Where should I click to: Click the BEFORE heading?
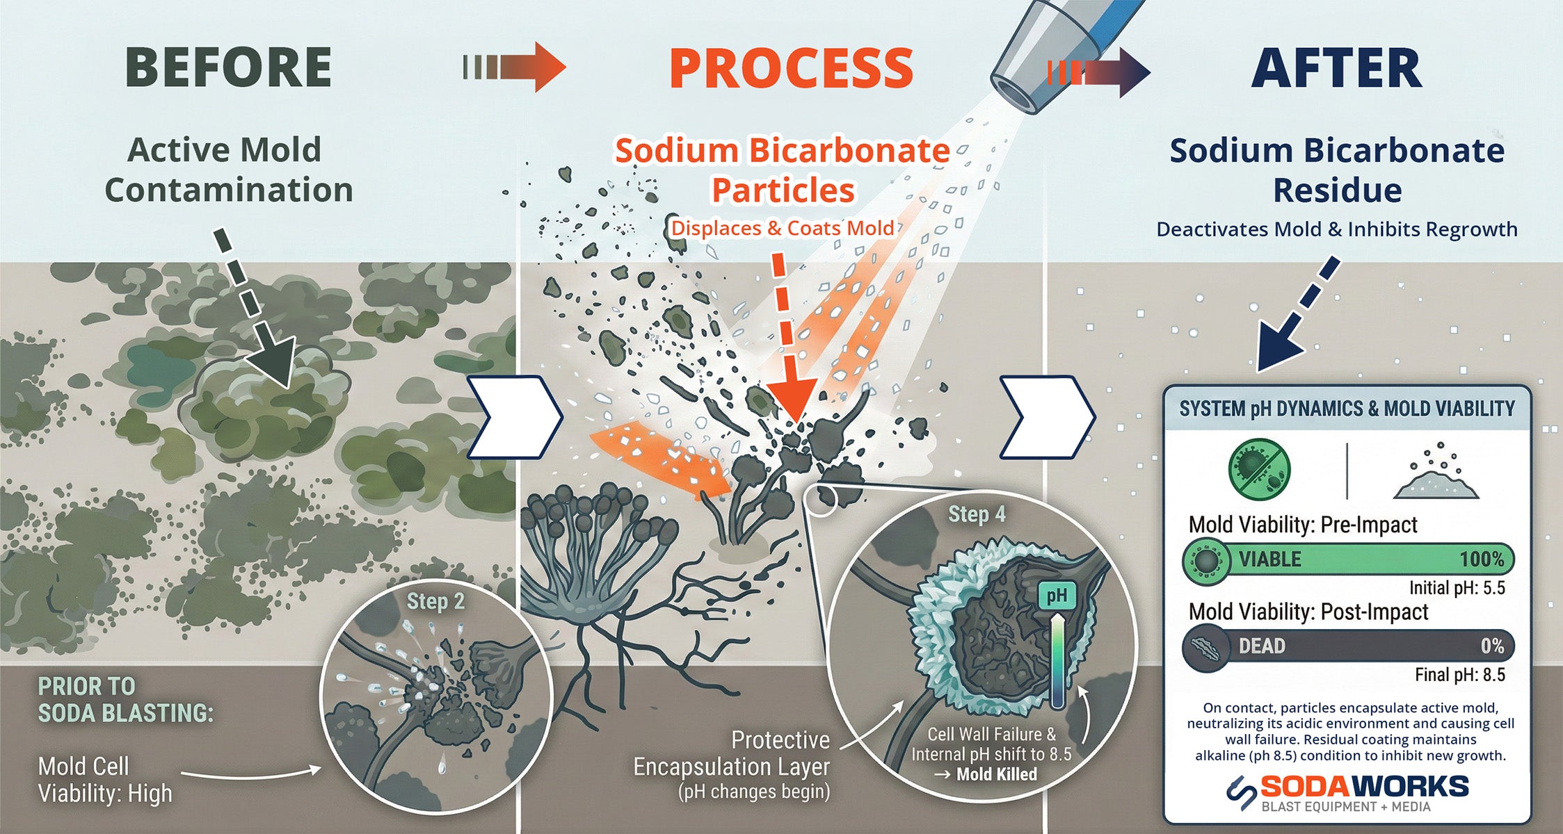tap(228, 68)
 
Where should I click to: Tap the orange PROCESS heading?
tap(791, 68)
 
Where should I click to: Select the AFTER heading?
tap(1336, 68)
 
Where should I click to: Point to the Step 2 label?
tap(435, 601)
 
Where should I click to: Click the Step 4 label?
tap(977, 514)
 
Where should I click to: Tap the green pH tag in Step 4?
tap(1057, 596)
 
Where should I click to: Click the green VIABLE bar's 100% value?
tap(1482, 559)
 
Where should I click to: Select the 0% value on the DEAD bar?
tap(1492, 646)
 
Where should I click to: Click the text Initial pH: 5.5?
tap(1457, 588)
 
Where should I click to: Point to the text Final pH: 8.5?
tap(1459, 675)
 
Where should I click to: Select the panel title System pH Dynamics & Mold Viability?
tap(1347, 409)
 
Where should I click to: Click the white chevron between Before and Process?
tap(513, 417)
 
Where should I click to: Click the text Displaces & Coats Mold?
tap(782, 228)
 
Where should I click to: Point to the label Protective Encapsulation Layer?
tap(732, 753)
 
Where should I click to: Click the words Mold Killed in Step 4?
tap(996, 774)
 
